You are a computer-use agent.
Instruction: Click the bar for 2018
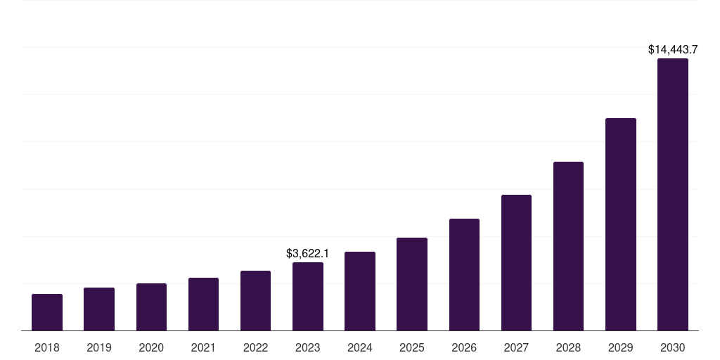(47, 312)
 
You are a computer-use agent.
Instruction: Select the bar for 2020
(151, 307)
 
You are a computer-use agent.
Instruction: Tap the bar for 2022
(255, 301)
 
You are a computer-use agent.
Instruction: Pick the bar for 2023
(308, 297)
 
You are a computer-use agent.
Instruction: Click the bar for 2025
(412, 284)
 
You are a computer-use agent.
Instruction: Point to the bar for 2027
(516, 263)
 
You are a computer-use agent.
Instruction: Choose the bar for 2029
(620, 224)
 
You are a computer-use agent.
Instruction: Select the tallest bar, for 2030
(672, 195)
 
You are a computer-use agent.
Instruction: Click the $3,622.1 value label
(308, 253)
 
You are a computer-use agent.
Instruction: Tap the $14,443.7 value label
(672, 50)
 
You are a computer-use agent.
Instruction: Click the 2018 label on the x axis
(47, 347)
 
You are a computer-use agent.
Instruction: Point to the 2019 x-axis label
(99, 347)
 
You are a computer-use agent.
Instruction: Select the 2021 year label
(203, 347)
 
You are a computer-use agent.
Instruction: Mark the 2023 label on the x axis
(308, 347)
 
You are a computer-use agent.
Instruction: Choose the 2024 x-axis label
(360, 347)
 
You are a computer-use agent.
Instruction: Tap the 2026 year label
(464, 347)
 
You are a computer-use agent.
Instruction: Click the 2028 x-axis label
(568, 347)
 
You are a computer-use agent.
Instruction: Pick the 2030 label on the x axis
(672, 347)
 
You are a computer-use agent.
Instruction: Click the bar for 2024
(360, 291)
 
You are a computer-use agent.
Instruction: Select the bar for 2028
(568, 246)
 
